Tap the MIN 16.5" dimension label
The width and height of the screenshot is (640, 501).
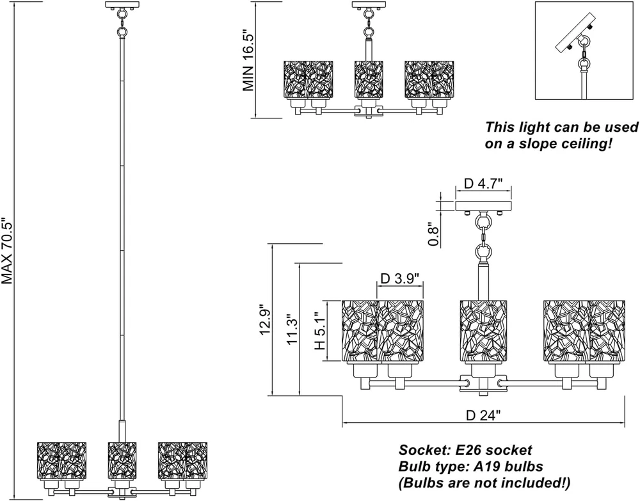click(x=250, y=62)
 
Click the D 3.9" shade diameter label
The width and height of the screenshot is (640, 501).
click(x=400, y=279)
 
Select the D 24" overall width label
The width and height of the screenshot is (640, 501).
click(x=483, y=415)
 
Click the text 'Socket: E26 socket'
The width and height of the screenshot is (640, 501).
click(x=465, y=450)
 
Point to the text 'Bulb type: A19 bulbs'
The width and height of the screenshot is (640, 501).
click(x=471, y=466)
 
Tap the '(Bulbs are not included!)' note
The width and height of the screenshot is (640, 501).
click(x=484, y=482)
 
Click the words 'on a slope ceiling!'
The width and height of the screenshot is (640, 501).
click(x=548, y=144)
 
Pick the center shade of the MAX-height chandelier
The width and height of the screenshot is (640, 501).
click(x=122, y=459)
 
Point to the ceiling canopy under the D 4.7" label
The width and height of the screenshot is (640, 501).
click(x=484, y=206)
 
